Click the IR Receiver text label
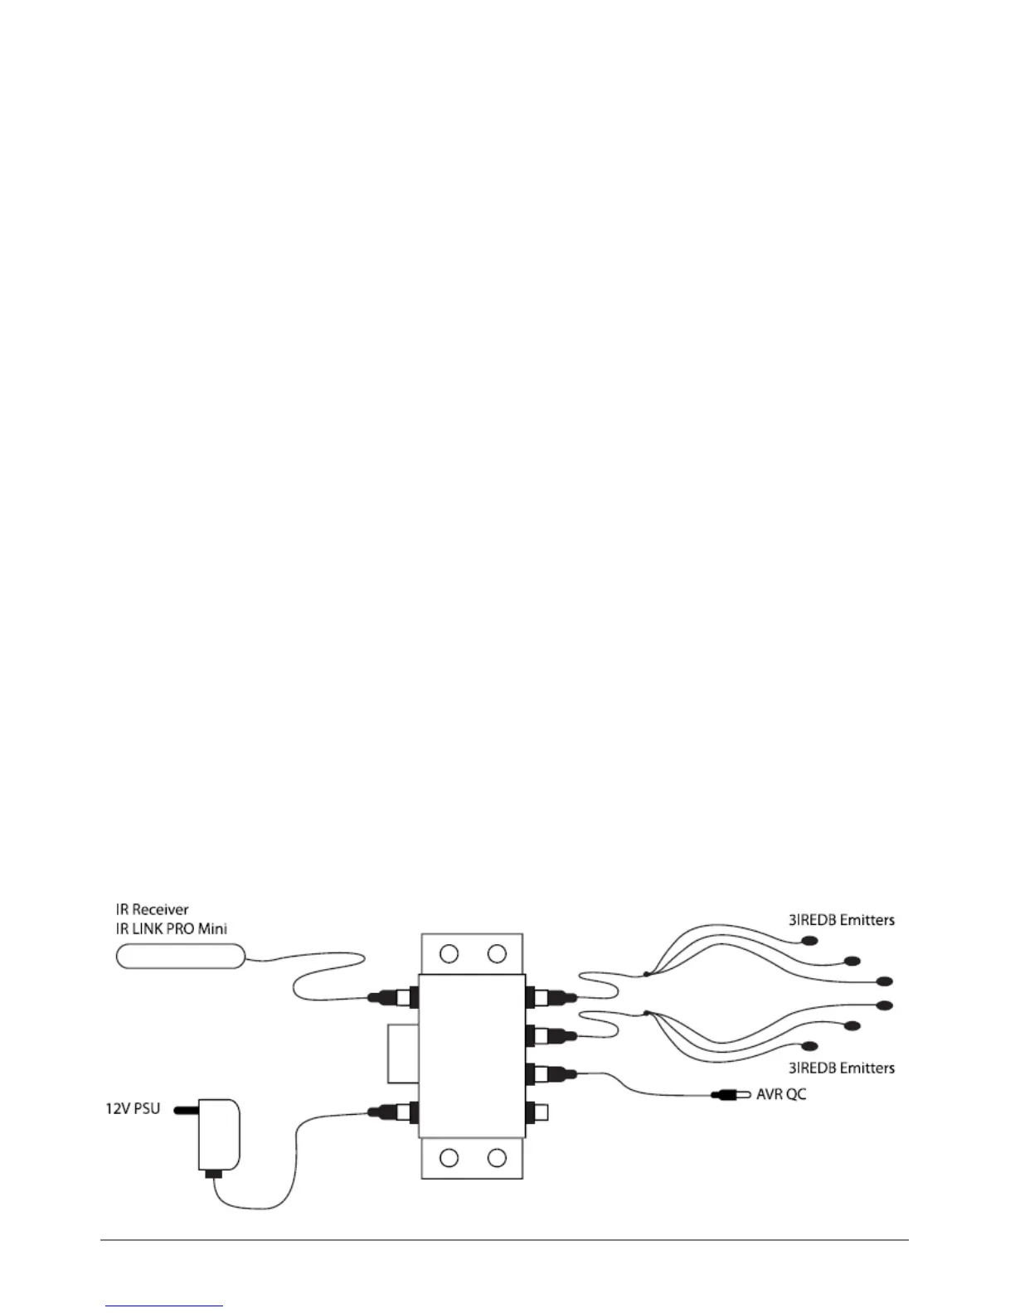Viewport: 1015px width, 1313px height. tap(152, 909)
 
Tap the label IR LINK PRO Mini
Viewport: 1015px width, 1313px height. tap(171, 928)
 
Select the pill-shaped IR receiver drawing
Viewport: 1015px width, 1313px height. tap(180, 957)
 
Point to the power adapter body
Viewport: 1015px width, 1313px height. tap(219, 1134)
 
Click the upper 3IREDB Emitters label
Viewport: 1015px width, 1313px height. tap(842, 919)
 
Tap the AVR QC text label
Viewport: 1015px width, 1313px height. tap(781, 1094)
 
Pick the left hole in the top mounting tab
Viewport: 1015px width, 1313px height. tap(449, 954)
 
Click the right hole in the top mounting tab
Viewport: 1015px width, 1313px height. tap(497, 954)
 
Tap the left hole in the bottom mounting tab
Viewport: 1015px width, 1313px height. tap(449, 1157)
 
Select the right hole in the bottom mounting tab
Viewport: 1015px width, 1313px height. tap(497, 1157)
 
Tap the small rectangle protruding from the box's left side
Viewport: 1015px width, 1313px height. tap(402, 1053)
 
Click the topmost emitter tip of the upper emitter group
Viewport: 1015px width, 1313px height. tap(809, 941)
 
